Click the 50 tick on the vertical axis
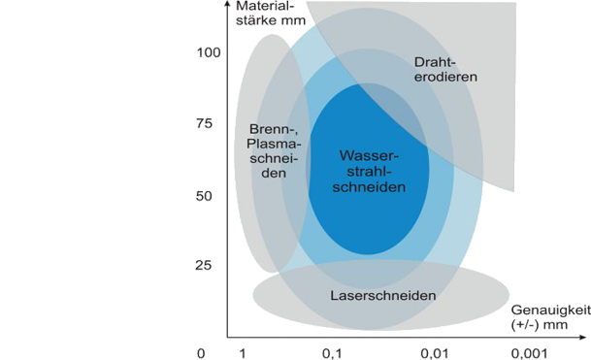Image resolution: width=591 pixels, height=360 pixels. tap(205, 195)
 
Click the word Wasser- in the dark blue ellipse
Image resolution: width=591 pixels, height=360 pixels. tap(370, 155)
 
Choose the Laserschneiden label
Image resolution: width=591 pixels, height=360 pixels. tap(381, 295)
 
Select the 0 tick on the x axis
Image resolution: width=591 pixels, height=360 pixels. tap(201, 352)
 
